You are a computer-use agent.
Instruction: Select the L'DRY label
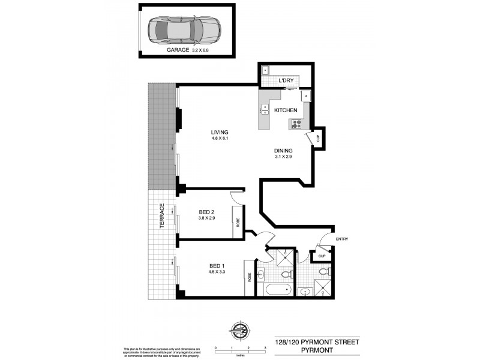[286, 81]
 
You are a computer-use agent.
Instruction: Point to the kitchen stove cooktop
[296, 124]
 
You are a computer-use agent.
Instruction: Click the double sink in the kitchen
[264, 110]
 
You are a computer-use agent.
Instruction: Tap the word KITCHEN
[286, 110]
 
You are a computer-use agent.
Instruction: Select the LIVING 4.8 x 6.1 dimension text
[220, 139]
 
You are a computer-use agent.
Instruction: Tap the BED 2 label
[207, 211]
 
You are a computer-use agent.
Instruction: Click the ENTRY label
[342, 239]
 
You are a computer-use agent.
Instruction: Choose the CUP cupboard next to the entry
[322, 256]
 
